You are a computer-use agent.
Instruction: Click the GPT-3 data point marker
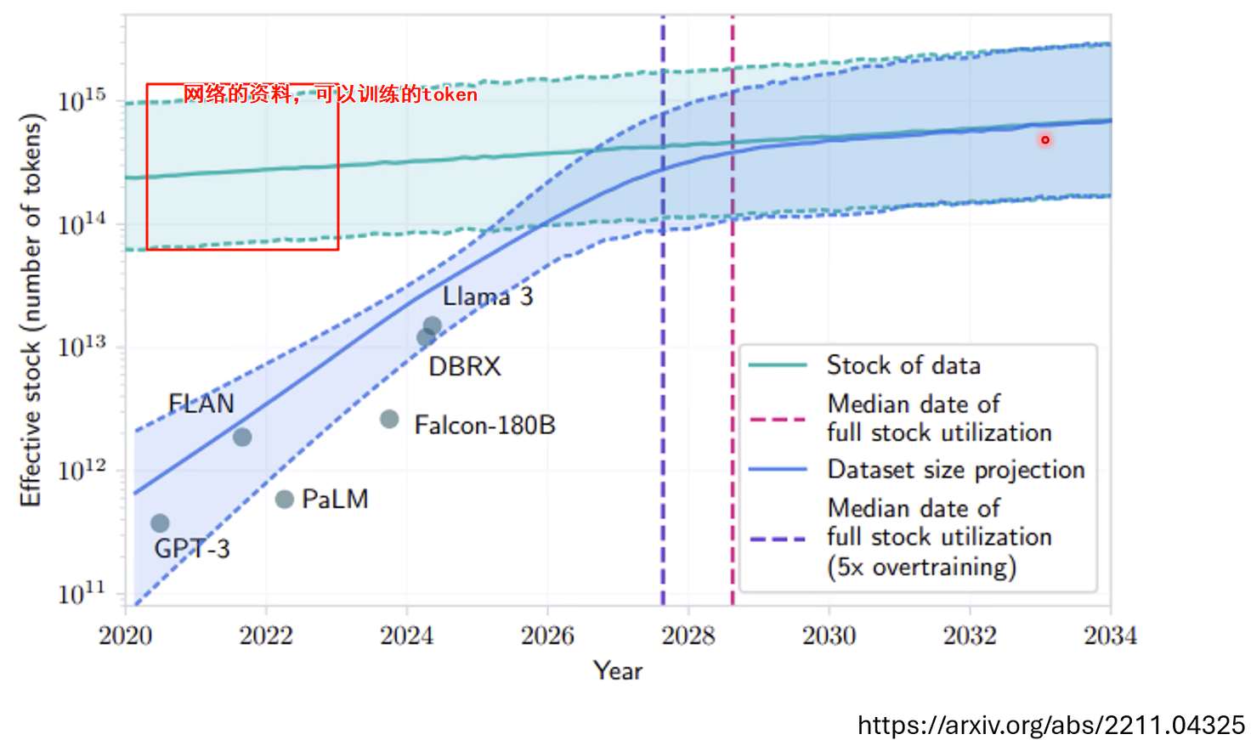(x=160, y=523)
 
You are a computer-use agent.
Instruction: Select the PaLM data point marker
(x=285, y=500)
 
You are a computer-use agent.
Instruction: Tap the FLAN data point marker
(x=242, y=438)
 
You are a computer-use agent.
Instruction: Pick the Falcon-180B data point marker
(x=389, y=419)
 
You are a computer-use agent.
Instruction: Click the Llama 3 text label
(x=488, y=297)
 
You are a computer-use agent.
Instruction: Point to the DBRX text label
(x=464, y=366)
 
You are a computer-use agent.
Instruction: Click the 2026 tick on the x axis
(x=547, y=635)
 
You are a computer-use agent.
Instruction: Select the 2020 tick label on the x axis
(x=125, y=635)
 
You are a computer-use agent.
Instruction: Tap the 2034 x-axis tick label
(x=1110, y=635)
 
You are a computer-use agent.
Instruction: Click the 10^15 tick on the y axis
(x=82, y=100)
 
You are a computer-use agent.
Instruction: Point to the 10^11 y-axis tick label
(x=82, y=593)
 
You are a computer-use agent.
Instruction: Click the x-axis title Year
(x=618, y=671)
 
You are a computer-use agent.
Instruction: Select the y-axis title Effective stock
(x=31, y=310)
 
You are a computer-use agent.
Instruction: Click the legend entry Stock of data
(x=903, y=365)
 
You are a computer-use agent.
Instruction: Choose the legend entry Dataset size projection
(x=956, y=470)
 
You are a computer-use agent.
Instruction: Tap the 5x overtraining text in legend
(x=922, y=567)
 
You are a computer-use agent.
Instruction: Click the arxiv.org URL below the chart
(x=1050, y=725)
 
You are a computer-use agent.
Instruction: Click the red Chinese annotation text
(x=330, y=94)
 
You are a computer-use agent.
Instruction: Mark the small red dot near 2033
(x=1045, y=140)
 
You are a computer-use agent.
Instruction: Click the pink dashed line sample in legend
(x=778, y=419)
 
